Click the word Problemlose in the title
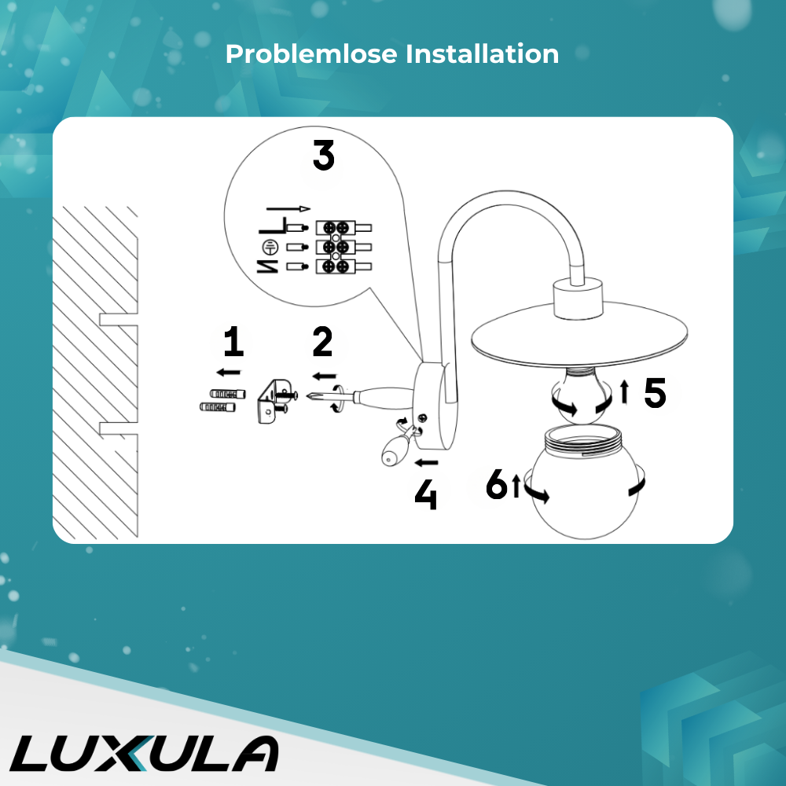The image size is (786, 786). point(311,53)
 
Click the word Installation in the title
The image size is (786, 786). point(483,53)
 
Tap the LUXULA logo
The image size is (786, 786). point(145,754)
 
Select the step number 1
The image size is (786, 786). point(233,341)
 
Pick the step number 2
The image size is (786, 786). point(322,341)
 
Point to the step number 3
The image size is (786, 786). point(324,155)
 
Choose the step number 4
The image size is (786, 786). point(425,494)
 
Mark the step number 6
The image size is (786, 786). point(497,483)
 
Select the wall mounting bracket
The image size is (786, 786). point(274,402)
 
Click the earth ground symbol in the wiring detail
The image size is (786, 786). point(270,247)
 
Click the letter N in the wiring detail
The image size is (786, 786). point(268,266)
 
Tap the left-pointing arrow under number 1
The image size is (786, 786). point(229,372)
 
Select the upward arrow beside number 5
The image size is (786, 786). point(624,391)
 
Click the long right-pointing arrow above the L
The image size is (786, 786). point(288,208)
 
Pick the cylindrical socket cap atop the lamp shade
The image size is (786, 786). point(578,299)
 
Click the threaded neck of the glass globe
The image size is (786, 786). point(583,439)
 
